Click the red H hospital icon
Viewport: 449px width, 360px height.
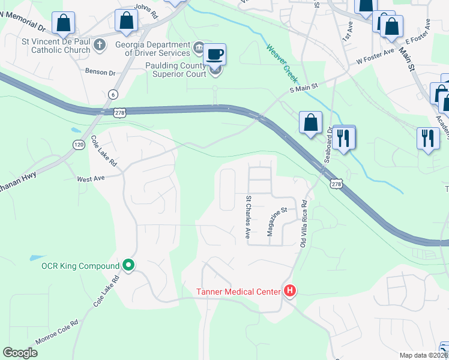[x=291, y=292]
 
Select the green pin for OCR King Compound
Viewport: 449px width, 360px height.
[x=128, y=265]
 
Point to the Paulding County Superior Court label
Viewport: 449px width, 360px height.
[x=176, y=70]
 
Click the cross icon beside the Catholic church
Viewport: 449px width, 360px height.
[x=100, y=44]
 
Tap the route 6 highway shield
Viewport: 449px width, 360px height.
[x=113, y=95]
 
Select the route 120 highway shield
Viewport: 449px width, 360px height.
[x=79, y=144]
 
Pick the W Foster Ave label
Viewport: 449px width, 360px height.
[x=375, y=61]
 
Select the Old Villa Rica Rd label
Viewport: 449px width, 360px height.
[x=304, y=222]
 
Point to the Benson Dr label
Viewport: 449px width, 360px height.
[x=100, y=72]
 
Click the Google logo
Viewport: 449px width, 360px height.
[x=20, y=353]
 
